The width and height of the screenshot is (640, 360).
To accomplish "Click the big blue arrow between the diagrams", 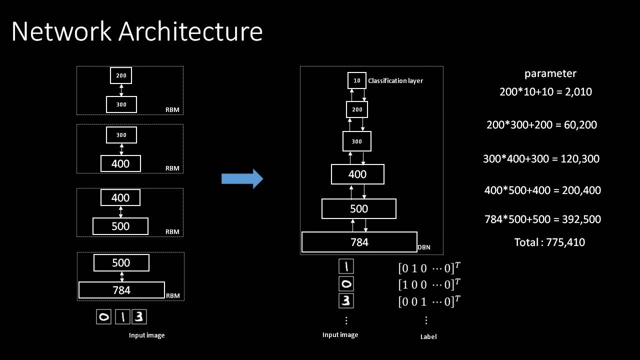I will click(242, 178).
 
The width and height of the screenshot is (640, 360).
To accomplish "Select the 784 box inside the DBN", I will click(359, 242).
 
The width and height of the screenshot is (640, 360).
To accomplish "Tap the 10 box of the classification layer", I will click(356, 80).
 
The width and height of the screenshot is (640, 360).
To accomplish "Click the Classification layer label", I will click(395, 80).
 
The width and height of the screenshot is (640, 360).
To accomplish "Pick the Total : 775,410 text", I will click(549, 242).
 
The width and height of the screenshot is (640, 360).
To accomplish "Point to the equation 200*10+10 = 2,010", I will click(545, 91).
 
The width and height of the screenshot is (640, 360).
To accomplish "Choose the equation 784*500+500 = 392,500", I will click(542, 219).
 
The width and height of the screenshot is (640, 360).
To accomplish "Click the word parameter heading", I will click(550, 73).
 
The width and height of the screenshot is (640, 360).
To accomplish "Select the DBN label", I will click(424, 247).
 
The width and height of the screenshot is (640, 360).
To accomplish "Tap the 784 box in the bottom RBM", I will click(121, 290).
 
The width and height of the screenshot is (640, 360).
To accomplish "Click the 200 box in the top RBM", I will click(121, 76).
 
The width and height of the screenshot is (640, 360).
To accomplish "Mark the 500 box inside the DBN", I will click(359, 208).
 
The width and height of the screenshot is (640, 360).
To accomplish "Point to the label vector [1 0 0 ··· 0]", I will click(428, 284).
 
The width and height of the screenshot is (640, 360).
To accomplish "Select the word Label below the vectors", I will click(428, 336).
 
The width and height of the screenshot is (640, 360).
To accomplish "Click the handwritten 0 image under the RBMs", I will click(104, 317).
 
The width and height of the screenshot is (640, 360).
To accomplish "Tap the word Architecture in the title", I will click(190, 32).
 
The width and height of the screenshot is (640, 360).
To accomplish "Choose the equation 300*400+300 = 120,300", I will click(541, 159).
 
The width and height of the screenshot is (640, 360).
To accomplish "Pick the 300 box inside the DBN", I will click(356, 141).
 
